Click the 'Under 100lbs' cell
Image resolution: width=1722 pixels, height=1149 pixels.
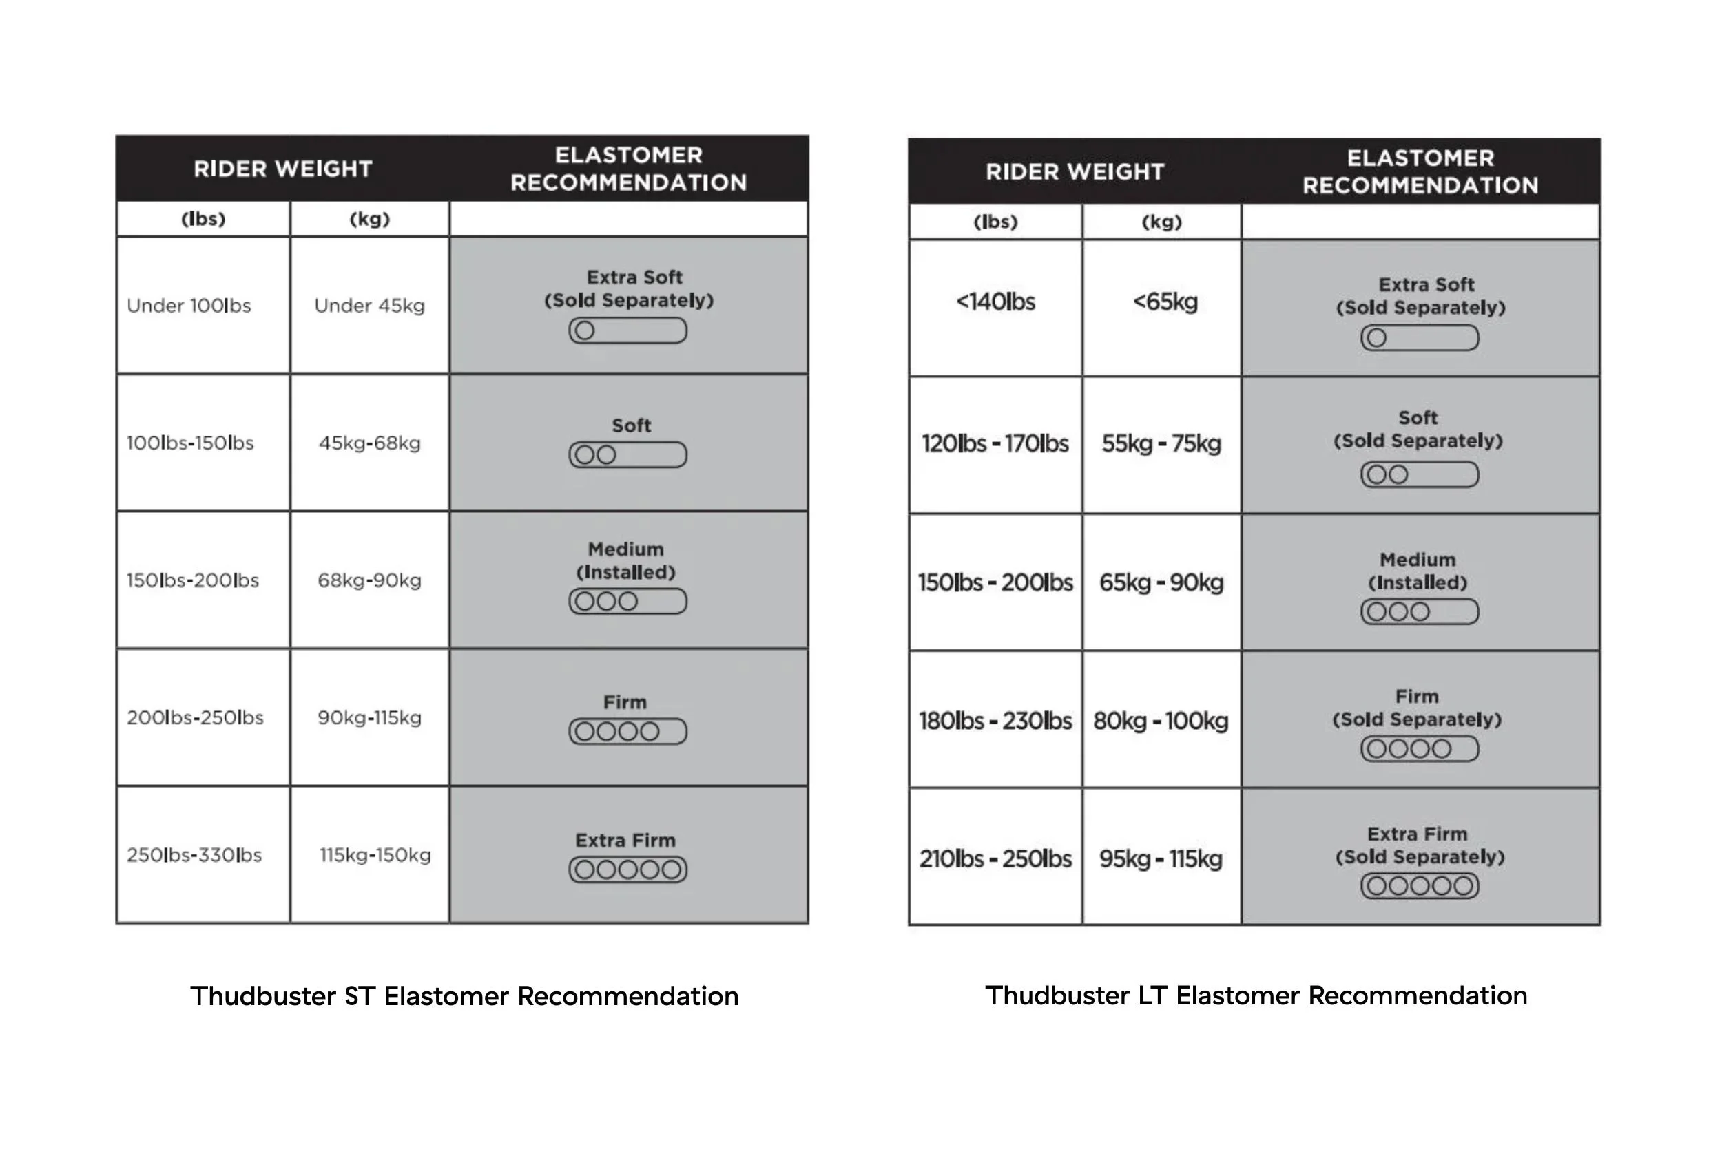(189, 306)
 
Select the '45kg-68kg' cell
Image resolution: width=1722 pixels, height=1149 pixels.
(369, 443)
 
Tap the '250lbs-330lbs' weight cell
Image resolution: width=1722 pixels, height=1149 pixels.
(194, 855)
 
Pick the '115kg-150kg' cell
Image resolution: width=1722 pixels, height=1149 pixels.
(375, 855)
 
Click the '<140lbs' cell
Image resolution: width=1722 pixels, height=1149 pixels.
(995, 302)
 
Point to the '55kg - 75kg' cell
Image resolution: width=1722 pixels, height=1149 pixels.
(1161, 444)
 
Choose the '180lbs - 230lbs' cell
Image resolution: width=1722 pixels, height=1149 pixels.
(995, 721)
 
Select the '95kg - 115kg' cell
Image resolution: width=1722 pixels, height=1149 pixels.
(1161, 858)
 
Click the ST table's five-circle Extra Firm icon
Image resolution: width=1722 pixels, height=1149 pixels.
(627, 869)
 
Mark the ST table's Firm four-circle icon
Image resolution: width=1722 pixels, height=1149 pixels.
(627, 731)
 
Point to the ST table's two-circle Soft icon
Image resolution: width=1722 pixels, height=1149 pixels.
(627, 455)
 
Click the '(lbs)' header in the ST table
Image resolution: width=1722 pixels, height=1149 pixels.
(203, 219)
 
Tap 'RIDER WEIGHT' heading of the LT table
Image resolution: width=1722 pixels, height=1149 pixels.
(1075, 172)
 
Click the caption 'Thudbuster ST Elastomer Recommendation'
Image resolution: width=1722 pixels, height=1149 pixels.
(464, 997)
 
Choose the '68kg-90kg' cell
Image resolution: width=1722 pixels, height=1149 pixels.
(369, 580)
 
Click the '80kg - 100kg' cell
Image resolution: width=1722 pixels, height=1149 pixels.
(1161, 721)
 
